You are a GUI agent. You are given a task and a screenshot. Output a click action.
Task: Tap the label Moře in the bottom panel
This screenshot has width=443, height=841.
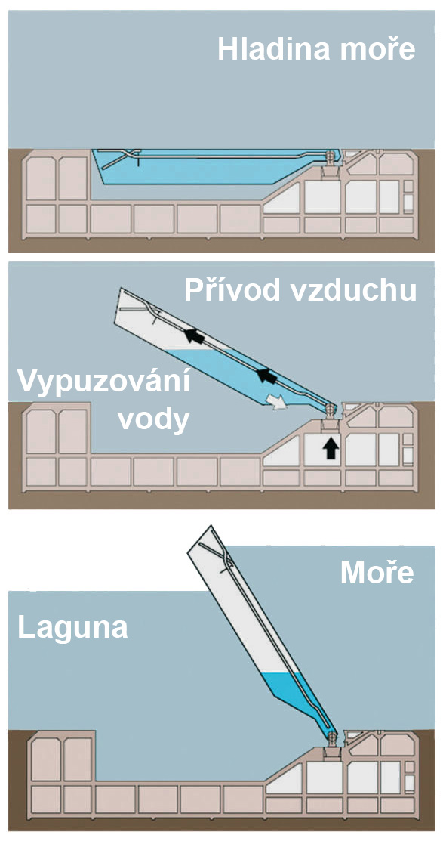(x=377, y=573)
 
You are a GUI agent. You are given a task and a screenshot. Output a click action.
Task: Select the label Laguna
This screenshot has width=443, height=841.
(x=73, y=627)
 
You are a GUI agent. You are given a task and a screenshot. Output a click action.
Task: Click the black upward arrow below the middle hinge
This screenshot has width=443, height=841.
(x=331, y=448)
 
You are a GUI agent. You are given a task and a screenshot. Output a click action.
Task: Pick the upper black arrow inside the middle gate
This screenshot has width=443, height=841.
(x=195, y=336)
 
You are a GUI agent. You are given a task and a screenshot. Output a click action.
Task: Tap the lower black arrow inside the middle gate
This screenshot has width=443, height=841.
(x=266, y=376)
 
